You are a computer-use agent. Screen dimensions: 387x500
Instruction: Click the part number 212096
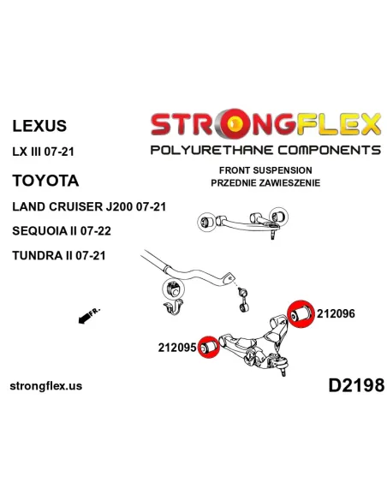tap(336, 313)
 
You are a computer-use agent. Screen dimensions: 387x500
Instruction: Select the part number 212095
tap(177, 348)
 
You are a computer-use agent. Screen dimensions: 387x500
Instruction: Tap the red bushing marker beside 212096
tap(301, 314)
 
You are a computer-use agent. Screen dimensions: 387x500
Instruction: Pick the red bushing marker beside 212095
tap(209, 347)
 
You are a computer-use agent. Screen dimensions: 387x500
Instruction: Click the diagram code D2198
tap(357, 385)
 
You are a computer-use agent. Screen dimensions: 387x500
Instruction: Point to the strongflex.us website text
tap(46, 386)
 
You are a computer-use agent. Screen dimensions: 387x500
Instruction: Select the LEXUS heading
tap(39, 126)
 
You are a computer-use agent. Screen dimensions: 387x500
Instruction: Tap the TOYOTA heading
tap(45, 181)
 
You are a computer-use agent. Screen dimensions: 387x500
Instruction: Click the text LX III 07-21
tap(43, 152)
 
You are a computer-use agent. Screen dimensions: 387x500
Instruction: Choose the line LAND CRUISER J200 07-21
tap(89, 206)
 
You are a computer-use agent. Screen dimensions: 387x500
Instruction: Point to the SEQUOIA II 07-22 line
tap(62, 230)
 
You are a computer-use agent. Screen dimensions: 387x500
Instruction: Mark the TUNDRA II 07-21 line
tap(59, 255)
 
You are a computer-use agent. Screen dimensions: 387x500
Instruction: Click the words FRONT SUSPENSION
tap(265, 170)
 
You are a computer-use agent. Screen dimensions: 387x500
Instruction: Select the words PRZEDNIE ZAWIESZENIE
tap(265, 182)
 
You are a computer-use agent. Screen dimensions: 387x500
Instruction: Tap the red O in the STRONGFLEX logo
tap(233, 124)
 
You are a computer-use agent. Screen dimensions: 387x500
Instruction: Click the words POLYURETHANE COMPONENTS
tap(265, 150)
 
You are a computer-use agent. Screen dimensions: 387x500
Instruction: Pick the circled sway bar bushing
tap(174, 289)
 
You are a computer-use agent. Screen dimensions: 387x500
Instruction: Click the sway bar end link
tap(243, 299)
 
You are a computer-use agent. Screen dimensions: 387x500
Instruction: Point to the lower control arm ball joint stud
tap(283, 371)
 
